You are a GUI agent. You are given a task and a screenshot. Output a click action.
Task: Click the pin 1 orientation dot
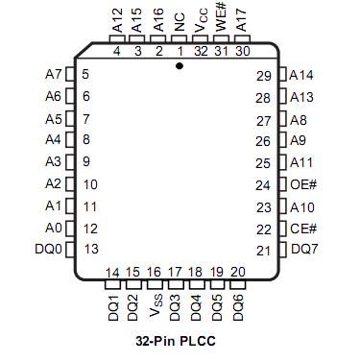[180, 66]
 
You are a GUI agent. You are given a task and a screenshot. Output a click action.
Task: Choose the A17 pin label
[242, 17]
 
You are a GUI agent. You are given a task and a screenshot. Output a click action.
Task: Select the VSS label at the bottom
[157, 304]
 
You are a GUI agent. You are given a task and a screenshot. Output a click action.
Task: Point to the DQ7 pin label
[304, 251]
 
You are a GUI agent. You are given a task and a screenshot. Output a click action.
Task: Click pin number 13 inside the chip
[92, 250]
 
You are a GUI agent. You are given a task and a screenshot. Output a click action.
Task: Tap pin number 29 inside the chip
[264, 75]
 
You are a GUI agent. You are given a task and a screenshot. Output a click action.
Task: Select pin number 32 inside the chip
[200, 51]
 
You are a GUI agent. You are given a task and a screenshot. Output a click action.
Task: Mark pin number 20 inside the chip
[237, 273]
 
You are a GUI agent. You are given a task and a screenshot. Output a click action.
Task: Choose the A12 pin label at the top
[116, 17]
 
